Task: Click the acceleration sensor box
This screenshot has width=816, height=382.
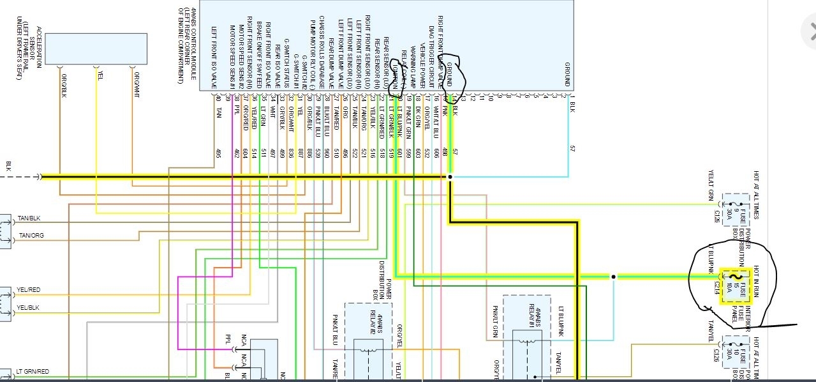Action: coord(96,48)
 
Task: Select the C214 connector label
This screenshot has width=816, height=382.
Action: coord(716,292)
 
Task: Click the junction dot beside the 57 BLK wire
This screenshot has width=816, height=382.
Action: coord(450,177)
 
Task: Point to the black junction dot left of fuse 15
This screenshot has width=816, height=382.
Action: coord(614,277)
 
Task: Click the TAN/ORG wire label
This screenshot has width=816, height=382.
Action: coord(32,236)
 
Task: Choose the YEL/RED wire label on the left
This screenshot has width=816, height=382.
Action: coord(29,290)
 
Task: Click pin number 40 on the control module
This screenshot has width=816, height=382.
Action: coord(218,98)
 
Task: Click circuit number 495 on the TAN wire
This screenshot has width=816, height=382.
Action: coord(218,153)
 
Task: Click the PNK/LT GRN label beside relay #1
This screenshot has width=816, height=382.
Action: coord(495,320)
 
